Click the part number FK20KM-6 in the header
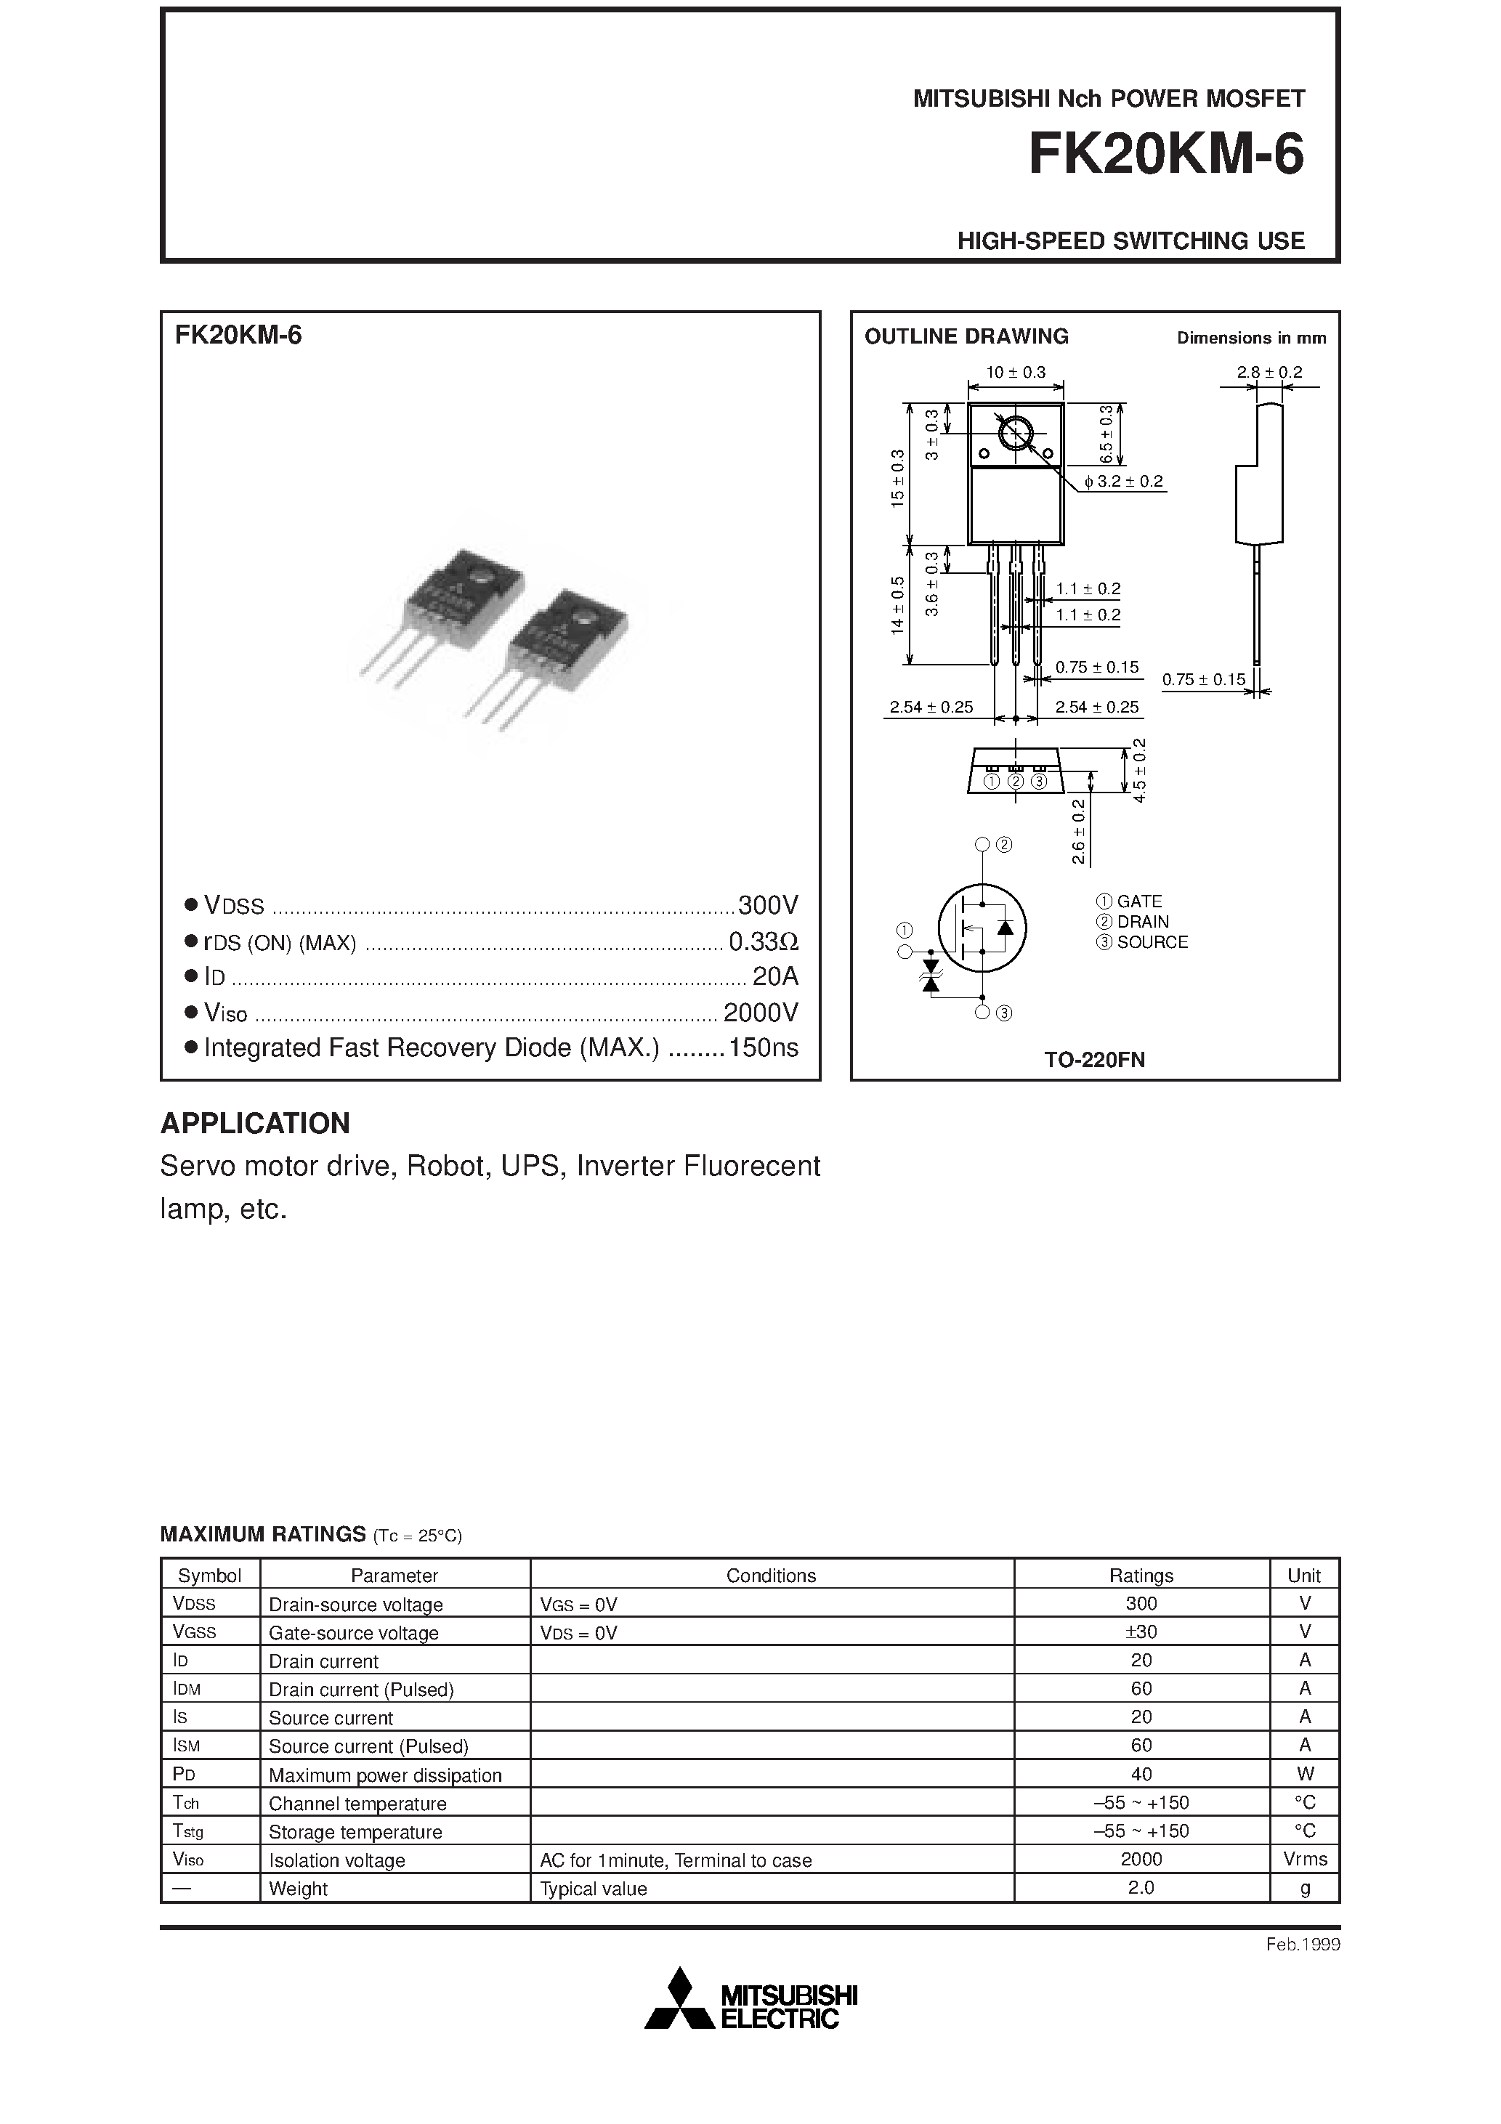(x=1165, y=155)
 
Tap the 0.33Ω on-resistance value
(x=763, y=941)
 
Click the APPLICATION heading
(x=256, y=1123)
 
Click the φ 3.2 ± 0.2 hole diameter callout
(x=1123, y=481)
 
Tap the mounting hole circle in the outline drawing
(x=1016, y=432)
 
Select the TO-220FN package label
(x=1094, y=1060)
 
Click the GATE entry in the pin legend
(x=1138, y=901)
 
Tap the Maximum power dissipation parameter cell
(x=385, y=1775)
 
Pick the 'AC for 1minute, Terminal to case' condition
(x=676, y=1860)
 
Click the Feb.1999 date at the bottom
(x=1302, y=1945)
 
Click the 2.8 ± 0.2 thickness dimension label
(x=1269, y=372)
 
